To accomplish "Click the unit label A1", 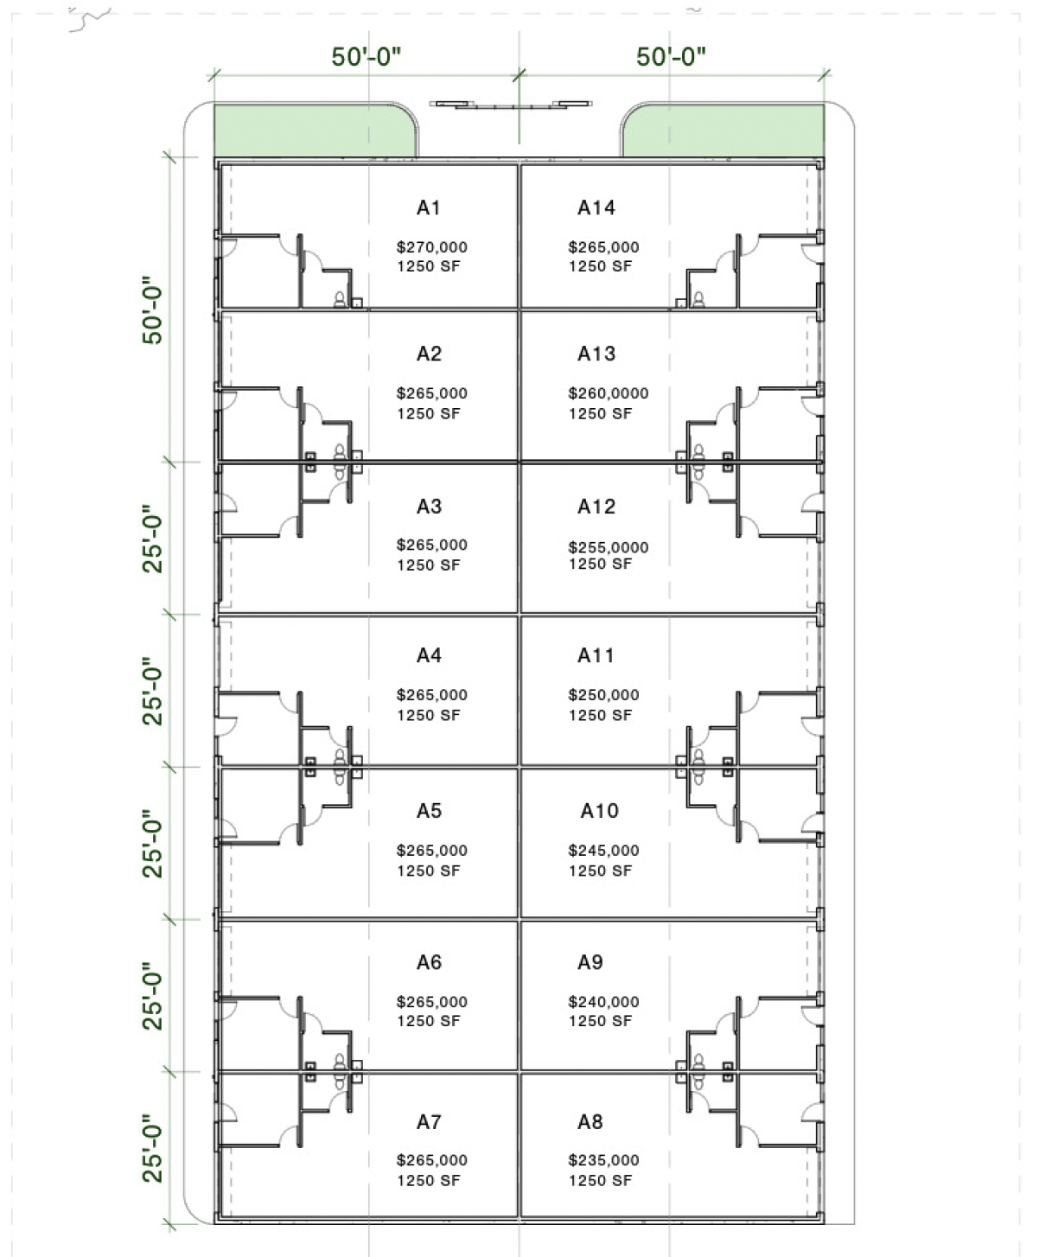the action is pyautogui.click(x=428, y=207).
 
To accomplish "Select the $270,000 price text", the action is pyautogui.click(x=431, y=247).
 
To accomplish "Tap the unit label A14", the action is pyautogui.click(x=596, y=207).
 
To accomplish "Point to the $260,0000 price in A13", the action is pyautogui.click(x=608, y=393).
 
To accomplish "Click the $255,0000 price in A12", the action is pyautogui.click(x=608, y=547).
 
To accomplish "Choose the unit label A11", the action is pyautogui.click(x=596, y=655).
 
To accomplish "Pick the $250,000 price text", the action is pyautogui.click(x=603, y=695).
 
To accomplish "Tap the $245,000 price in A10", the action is pyautogui.click(x=603, y=850).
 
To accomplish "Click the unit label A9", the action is pyautogui.click(x=590, y=962).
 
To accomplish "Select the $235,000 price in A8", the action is pyautogui.click(x=603, y=1159).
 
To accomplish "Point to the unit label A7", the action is pyautogui.click(x=429, y=1121).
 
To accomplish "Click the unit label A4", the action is pyautogui.click(x=429, y=655).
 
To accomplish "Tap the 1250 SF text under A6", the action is pyautogui.click(x=428, y=1021).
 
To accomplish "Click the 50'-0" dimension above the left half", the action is pyautogui.click(x=366, y=56).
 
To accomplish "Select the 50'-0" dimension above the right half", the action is pyautogui.click(x=671, y=56).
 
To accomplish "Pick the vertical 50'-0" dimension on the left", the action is pyautogui.click(x=152, y=310).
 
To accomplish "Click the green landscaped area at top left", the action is pyautogui.click(x=315, y=130).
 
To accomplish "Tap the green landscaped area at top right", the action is pyautogui.click(x=723, y=130).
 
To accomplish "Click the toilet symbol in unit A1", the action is pyautogui.click(x=340, y=299).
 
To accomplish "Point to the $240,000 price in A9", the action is pyautogui.click(x=603, y=1002).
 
